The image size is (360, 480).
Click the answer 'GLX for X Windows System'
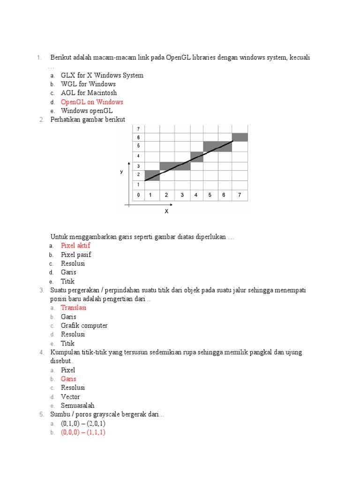pos(102,75)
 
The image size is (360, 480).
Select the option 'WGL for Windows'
pos(88,84)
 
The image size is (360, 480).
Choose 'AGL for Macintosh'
pos(89,93)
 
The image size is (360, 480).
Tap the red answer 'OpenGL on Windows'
pos(92,102)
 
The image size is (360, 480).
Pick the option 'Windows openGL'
pos(87,111)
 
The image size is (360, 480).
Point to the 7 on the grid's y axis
pos(138,128)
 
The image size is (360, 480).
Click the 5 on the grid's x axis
pos(210,195)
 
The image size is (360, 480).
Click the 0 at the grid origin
pos(138,195)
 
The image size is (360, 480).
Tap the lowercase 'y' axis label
pos(121,172)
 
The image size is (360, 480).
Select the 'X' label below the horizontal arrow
pos(166,211)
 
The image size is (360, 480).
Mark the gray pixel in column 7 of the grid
pos(240,137)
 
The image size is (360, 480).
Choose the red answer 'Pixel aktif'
pos(75,246)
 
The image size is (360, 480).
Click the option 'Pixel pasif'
pos(76,255)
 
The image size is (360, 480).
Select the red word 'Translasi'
pos(74,308)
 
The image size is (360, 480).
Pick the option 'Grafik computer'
pos(84,326)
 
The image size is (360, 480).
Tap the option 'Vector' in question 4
pos(70,397)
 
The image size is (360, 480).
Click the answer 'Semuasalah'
pos(77,405)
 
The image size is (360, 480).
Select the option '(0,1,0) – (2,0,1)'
pos(83,424)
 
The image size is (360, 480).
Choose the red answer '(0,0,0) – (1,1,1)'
pos(83,433)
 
